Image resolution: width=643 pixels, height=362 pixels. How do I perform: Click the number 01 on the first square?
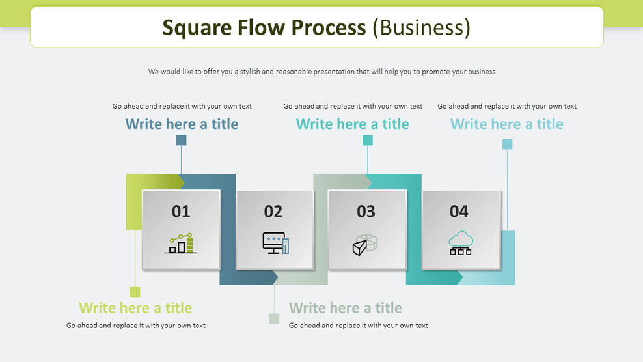[x=181, y=211]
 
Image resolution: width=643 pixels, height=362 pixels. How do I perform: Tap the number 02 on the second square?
[x=273, y=211]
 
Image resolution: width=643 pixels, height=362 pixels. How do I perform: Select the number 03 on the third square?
[x=366, y=211]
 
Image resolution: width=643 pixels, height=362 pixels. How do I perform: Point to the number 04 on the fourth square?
[x=459, y=211]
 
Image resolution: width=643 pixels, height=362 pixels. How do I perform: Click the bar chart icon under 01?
[x=181, y=244]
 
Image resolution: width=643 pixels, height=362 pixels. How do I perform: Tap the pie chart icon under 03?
[x=366, y=244]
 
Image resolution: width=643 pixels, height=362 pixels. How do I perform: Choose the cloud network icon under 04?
[x=461, y=243]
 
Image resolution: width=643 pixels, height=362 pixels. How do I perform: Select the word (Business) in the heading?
[x=421, y=27]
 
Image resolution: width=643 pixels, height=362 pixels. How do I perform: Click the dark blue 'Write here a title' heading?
[x=182, y=124]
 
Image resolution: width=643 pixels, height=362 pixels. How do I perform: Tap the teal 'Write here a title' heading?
[x=352, y=124]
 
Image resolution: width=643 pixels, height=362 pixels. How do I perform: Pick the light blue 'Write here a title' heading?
[x=506, y=124]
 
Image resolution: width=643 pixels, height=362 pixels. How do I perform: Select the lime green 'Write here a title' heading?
[x=135, y=307]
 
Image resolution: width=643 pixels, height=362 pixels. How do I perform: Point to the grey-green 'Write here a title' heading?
[x=345, y=307]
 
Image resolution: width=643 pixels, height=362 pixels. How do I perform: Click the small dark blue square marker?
[x=182, y=140]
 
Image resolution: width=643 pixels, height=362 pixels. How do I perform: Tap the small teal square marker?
[x=368, y=140]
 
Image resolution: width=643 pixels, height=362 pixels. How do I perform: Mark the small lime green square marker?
[x=135, y=292]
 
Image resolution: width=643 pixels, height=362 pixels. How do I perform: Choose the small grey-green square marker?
[x=274, y=318]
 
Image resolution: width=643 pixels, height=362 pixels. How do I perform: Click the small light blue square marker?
[x=507, y=144]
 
